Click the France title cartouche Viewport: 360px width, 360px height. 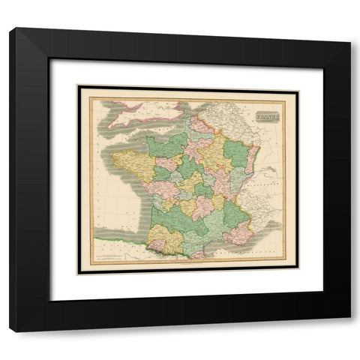coord(266,116)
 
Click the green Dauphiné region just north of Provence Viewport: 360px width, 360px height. coord(235,214)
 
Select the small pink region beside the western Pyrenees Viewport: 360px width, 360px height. coord(156,245)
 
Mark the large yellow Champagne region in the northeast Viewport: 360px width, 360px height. coord(213,150)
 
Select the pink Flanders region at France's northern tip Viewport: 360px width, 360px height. coord(201,124)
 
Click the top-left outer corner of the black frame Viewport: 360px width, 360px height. coord(10,28)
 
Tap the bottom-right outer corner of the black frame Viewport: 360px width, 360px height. coord(350,331)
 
